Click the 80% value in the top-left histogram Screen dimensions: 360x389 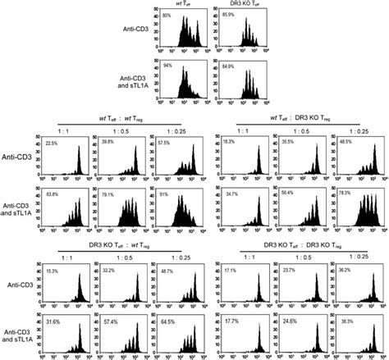(x=167, y=16)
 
